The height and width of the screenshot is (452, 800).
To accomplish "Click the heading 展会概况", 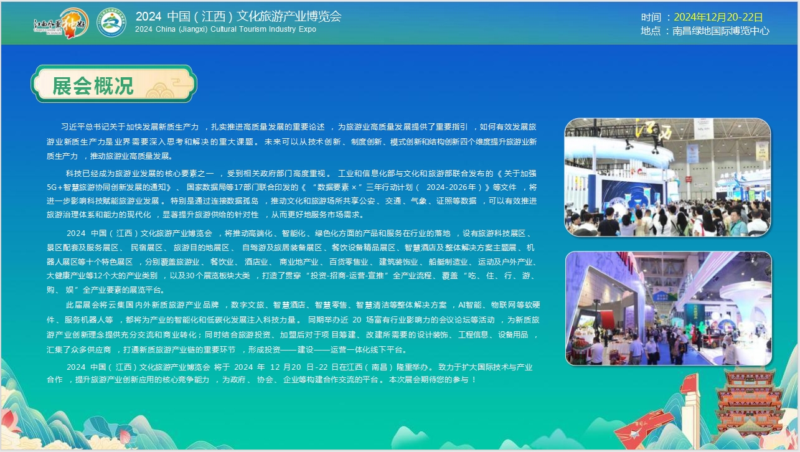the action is point(93,86).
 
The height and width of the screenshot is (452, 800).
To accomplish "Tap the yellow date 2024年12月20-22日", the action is point(718,17).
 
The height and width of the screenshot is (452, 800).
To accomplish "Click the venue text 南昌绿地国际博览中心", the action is point(721,31).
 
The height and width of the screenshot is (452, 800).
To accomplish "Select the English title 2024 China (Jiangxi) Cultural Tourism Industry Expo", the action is point(225,29).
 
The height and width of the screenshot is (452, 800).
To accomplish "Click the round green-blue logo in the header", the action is point(111,22).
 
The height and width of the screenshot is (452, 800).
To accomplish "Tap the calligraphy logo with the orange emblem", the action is point(62,23).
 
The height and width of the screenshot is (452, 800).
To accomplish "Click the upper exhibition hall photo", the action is point(667,177).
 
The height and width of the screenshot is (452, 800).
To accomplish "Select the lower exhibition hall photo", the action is point(668,308).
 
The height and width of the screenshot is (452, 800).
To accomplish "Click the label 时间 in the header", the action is point(651,17).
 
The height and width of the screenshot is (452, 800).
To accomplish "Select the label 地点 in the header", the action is point(651,31).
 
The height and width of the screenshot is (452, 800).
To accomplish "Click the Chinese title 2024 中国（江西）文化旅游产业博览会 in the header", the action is point(238,16).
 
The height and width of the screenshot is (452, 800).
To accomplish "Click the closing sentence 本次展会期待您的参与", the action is point(428,380).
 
